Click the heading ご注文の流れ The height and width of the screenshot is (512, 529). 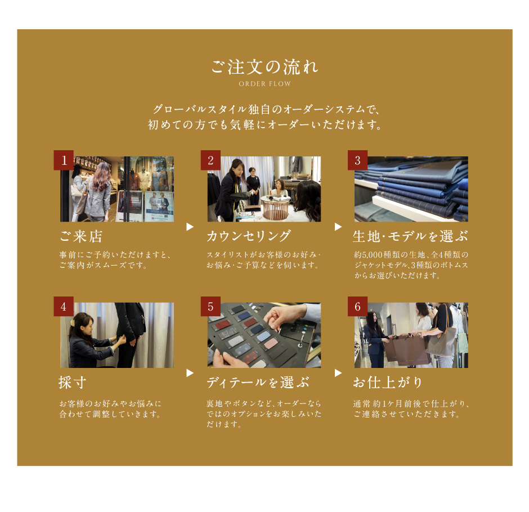(x=265, y=67)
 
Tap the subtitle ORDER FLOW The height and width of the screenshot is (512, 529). (x=265, y=84)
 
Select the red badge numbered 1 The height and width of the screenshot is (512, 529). (x=64, y=160)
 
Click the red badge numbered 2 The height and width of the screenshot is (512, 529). (x=210, y=160)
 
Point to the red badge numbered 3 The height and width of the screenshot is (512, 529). (x=357, y=160)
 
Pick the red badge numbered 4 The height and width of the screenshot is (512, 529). (x=64, y=306)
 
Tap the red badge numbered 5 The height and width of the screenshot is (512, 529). (x=210, y=306)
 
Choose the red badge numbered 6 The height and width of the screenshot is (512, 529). (x=357, y=306)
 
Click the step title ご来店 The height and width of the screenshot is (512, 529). (x=81, y=236)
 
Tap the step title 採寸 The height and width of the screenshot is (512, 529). (x=72, y=383)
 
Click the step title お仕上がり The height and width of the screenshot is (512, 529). (x=388, y=383)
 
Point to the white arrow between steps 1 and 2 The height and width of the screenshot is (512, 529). (x=190, y=227)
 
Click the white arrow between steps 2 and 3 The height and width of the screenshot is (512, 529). (x=338, y=227)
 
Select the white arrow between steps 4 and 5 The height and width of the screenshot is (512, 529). (x=190, y=373)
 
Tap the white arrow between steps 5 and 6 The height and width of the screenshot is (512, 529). (x=338, y=373)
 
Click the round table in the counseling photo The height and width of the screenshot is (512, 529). (x=276, y=206)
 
